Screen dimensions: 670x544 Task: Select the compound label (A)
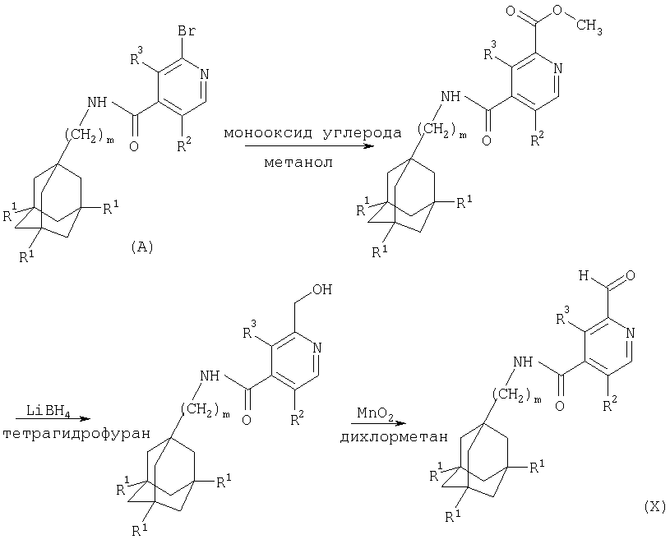point(141,247)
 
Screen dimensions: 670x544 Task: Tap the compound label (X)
point(654,507)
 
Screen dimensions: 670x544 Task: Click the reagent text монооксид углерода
point(313,133)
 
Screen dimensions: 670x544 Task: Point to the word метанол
point(298,163)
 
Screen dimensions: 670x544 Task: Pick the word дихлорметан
point(394,437)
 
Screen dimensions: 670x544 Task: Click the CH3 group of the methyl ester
point(589,27)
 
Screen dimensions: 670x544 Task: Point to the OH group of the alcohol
point(322,290)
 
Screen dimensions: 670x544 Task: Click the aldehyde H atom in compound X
point(585,275)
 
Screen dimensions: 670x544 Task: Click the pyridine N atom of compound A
point(204,74)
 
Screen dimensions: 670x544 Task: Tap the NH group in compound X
point(523,362)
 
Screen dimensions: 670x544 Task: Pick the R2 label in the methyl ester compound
point(537,139)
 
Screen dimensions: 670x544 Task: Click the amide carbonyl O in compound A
point(134,147)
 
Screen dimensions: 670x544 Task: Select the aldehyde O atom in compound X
point(630,276)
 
